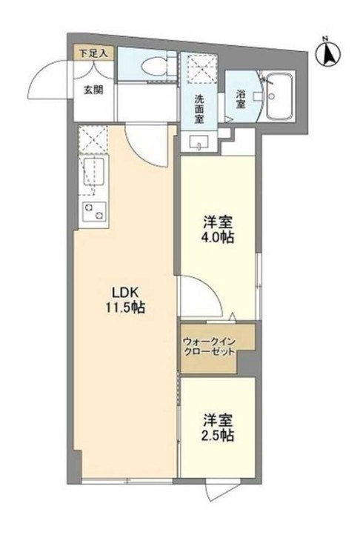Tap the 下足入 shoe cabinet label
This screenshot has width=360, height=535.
click(94, 53)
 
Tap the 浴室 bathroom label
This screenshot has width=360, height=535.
click(241, 100)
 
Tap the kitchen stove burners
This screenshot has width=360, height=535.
click(93, 211)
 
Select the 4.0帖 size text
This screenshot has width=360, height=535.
click(219, 239)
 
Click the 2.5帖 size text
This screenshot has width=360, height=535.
click(219, 436)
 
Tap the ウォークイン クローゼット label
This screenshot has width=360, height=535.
click(210, 346)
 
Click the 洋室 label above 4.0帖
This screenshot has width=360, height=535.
click(219, 222)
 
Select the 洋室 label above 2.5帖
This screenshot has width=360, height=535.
click(219, 419)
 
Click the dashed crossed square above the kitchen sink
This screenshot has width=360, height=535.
click(94, 139)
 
